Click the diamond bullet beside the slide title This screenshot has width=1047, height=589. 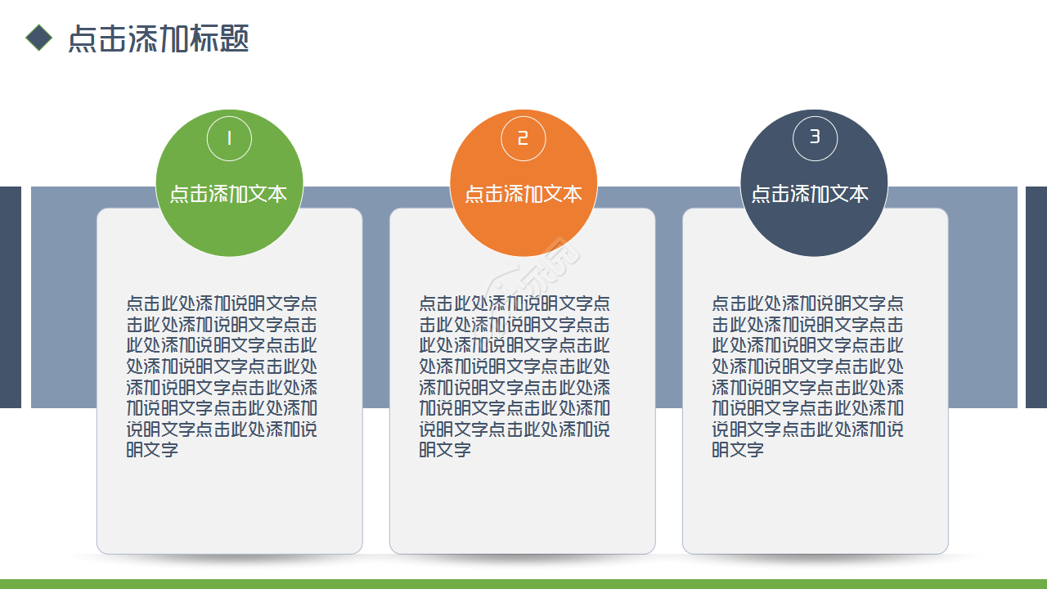click(38, 38)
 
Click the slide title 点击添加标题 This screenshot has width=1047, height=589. click(158, 38)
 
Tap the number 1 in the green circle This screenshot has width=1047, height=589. click(229, 138)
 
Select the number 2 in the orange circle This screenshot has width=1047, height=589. click(523, 138)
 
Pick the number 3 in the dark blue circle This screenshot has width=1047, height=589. click(815, 137)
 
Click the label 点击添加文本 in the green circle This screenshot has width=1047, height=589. click(229, 194)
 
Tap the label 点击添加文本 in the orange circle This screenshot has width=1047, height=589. click(523, 194)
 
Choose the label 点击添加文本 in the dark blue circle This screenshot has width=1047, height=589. click(810, 194)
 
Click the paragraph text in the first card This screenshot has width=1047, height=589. click(222, 375)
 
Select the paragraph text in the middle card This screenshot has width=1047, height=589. click(515, 375)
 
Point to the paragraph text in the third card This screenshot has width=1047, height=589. click(807, 375)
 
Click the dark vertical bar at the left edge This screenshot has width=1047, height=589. click(10, 297)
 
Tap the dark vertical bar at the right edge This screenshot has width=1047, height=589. click(1036, 297)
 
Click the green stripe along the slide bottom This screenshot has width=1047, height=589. click(523, 584)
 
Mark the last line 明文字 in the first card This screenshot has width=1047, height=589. click(152, 449)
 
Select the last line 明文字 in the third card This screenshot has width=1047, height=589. click(738, 449)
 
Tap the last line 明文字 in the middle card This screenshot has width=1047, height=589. click(445, 449)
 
